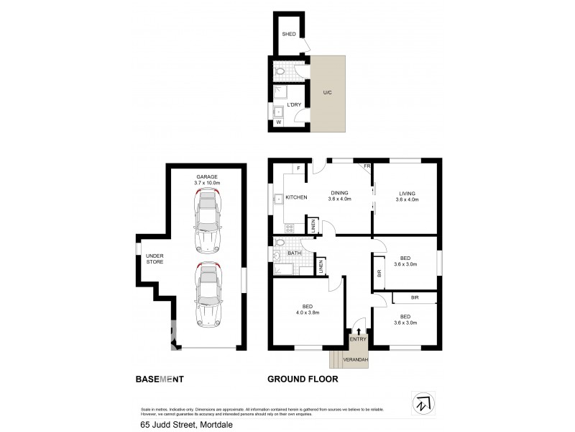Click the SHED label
(289, 34)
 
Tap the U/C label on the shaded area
(327, 92)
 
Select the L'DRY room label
(294, 105)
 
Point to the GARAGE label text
(207, 176)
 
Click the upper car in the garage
(207, 222)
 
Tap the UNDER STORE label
(155, 259)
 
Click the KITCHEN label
(296, 197)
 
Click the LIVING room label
(408, 193)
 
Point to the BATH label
(294, 253)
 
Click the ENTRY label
(358, 339)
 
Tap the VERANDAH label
(355, 359)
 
